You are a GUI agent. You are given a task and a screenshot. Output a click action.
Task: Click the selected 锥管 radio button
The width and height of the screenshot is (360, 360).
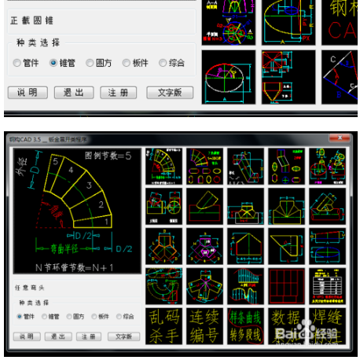53,63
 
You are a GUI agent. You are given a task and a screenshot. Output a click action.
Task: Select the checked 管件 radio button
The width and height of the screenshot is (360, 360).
19,316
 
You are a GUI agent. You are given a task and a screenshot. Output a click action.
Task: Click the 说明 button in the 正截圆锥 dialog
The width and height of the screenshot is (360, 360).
27,92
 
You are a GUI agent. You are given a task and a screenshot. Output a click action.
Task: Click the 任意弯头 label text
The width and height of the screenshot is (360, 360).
29,288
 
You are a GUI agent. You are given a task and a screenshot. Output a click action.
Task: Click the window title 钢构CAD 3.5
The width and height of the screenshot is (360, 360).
25,139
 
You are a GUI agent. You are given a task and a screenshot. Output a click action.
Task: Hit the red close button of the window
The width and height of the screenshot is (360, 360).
344,139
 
